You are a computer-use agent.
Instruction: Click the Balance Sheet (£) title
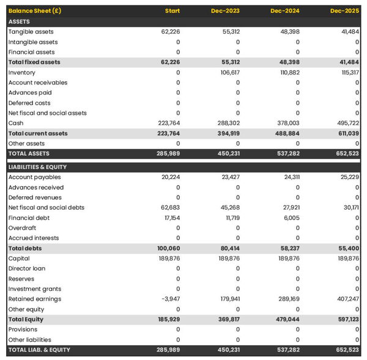tap(35, 11)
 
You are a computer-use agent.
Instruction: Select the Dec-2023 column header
tap(226, 11)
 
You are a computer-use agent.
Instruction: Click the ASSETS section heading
tap(19, 21)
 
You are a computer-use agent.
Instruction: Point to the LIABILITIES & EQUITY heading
tap(37, 167)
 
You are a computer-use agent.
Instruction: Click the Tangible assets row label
tap(31, 32)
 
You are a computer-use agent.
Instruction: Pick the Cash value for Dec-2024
tap(287, 123)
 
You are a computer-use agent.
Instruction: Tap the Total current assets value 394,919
tap(227, 133)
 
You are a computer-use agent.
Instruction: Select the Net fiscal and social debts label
tap(46, 208)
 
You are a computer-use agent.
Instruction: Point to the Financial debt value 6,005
tap(291, 218)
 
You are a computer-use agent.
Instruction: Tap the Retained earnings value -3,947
tap(170, 299)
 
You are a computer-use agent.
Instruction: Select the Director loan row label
tap(27, 268)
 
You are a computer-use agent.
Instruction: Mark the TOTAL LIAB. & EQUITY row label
tap(39, 350)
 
